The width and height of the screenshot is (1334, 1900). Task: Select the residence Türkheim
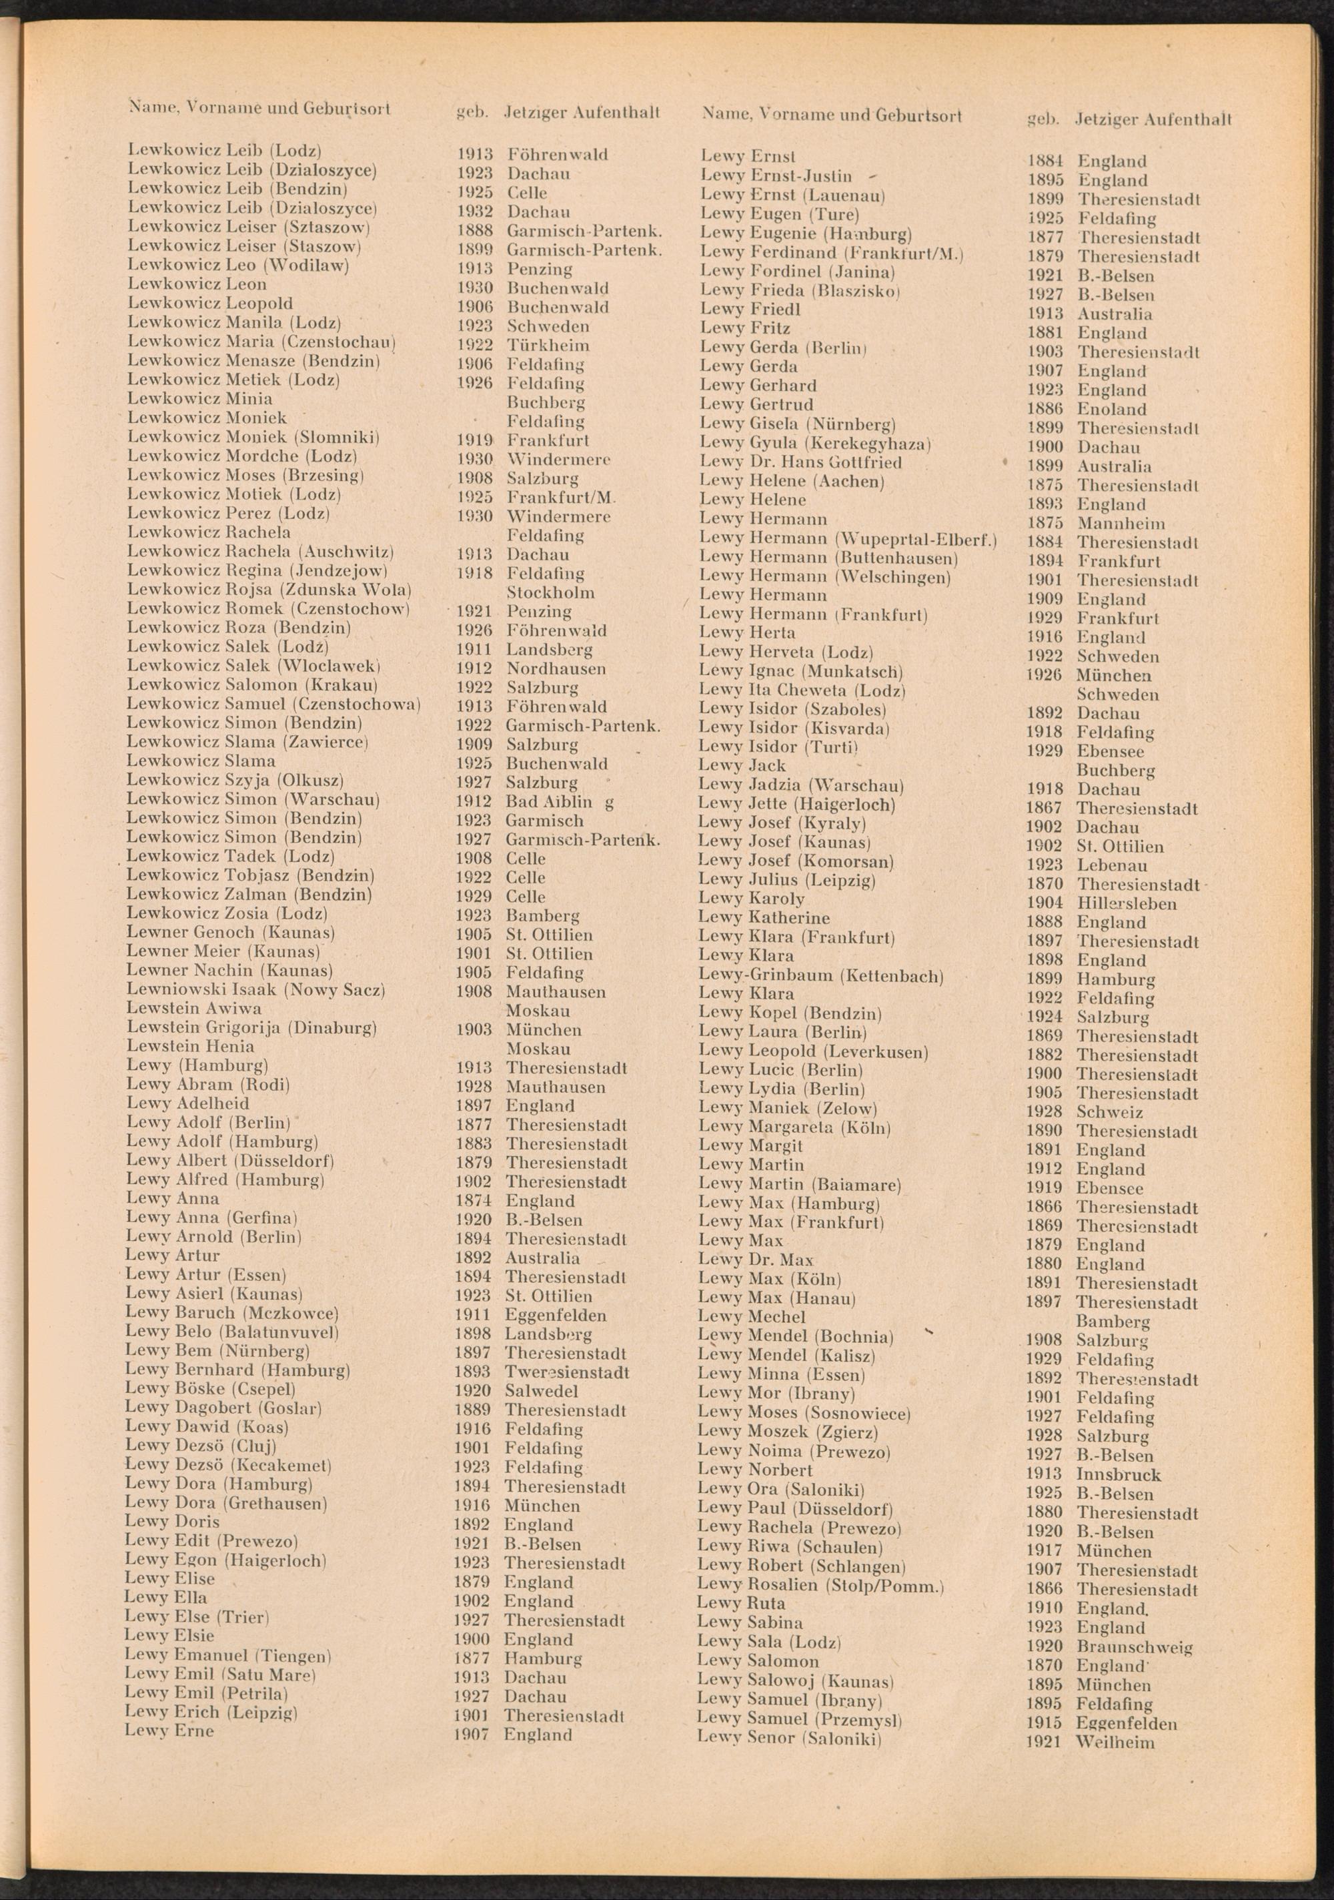coord(548,345)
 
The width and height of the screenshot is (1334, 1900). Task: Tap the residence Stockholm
coord(550,592)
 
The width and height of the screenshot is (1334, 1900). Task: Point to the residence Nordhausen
coord(556,668)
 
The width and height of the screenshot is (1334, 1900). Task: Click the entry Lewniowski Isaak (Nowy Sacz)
coord(255,991)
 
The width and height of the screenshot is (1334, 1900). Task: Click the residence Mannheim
coord(1121,524)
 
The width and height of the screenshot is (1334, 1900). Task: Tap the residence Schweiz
coord(1110,1113)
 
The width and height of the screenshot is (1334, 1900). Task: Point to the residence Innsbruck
coord(1119,1474)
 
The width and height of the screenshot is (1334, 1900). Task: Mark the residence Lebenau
coord(1111,865)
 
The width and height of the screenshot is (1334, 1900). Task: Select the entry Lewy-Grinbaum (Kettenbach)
coord(820,975)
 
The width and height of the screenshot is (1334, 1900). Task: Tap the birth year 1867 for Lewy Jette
coord(1045,809)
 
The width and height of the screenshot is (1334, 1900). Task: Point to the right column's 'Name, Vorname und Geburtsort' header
coord(832,115)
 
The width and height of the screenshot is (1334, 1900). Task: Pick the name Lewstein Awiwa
coord(193,1009)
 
